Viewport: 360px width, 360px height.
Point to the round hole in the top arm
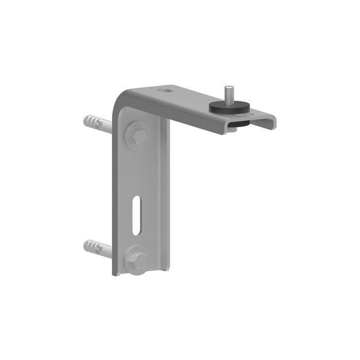click(165, 91)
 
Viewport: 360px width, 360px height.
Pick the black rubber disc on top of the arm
click(229, 107)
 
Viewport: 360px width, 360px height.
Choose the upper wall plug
click(97, 124)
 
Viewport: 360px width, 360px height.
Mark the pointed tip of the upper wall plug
click(83, 121)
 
